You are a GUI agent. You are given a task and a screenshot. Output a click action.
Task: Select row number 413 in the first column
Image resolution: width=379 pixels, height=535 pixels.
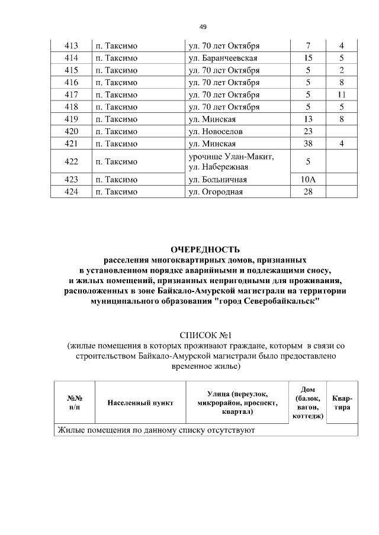[71, 46]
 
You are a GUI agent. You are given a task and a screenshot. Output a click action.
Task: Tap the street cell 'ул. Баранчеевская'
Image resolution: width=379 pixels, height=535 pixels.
[222, 59]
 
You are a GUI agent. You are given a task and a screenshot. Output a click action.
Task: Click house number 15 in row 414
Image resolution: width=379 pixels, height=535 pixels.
[308, 59]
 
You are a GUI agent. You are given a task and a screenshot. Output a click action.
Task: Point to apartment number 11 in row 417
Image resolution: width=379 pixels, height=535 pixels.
[342, 95]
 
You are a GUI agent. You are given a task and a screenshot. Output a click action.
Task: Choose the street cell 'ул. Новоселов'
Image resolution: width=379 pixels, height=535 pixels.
[215, 131]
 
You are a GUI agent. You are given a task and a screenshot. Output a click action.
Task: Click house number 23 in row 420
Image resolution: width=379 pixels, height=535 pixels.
[308, 131]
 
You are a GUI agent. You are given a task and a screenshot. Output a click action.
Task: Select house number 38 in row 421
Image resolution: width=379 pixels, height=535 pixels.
[308, 144]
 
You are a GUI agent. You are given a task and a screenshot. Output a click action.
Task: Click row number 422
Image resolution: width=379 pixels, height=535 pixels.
[71, 161]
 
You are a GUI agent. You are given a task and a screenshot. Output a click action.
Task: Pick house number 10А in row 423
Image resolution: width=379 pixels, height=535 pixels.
[308, 180]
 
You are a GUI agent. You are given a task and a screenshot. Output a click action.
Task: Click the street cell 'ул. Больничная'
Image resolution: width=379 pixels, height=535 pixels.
[217, 180]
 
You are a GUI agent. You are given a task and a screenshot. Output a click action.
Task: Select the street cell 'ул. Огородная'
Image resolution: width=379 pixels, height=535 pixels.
[215, 192]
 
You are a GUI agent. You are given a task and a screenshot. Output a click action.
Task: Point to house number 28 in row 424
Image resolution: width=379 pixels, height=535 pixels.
[308, 192]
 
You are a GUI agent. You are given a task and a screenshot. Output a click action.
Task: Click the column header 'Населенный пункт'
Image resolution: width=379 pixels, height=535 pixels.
[140, 403]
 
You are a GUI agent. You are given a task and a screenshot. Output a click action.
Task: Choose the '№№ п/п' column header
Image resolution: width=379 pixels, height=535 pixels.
[74, 403]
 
